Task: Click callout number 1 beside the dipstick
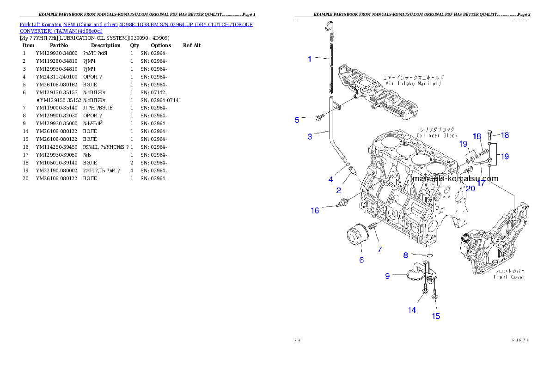(310, 59)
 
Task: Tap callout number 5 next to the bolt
(297, 120)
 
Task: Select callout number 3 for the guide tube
(310, 136)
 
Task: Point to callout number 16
(315, 211)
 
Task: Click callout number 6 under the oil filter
(361, 260)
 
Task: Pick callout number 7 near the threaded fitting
(379, 249)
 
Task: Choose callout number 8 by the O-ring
(405, 255)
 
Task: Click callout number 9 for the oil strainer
(388, 276)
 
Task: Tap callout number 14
(412, 310)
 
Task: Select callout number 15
(436, 316)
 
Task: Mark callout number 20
(470, 188)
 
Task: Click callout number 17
(481, 183)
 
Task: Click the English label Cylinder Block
(437, 135)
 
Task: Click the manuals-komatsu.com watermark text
(455, 179)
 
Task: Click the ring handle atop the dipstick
(330, 26)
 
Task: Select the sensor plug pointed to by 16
(342, 203)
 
